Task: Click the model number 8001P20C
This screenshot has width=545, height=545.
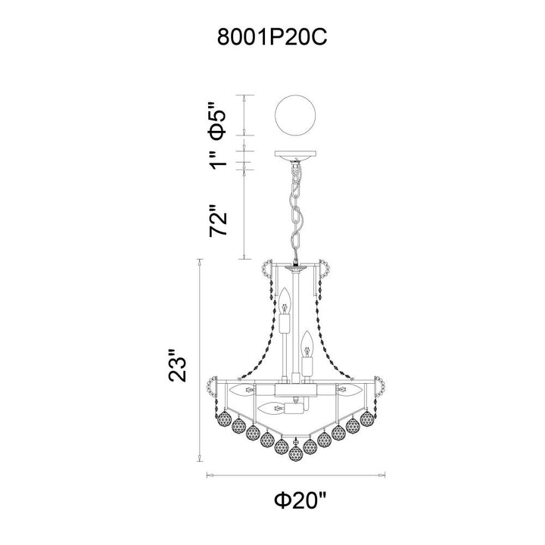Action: coord(272,37)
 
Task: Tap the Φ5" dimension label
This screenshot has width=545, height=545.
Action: coord(218,120)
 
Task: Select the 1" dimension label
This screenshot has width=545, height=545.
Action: coord(218,160)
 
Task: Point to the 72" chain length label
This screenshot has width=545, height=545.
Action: coord(218,220)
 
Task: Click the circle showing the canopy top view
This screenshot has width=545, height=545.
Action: coord(295,115)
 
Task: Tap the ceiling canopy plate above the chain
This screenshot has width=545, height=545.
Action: coord(295,155)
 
